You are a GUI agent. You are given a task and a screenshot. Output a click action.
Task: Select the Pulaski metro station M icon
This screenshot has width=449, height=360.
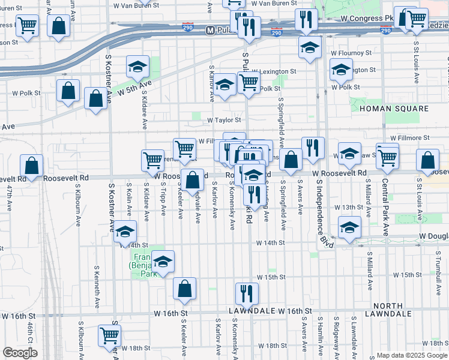coord(210,30)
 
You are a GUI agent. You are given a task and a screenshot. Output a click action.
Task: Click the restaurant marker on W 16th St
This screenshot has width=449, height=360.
coord(247,293)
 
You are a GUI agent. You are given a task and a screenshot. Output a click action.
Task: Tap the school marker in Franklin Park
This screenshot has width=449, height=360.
coord(163,262)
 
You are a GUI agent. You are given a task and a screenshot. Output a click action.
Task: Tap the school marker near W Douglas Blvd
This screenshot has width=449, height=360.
coord(349,226)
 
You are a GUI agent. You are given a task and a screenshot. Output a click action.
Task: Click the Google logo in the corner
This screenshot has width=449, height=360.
coord(20,353)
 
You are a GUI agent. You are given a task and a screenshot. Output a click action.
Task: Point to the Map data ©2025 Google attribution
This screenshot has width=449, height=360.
coord(411,355)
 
